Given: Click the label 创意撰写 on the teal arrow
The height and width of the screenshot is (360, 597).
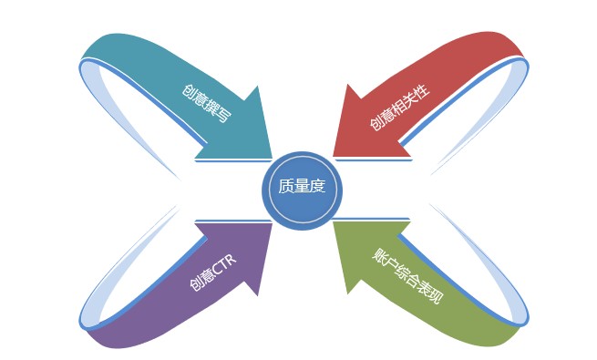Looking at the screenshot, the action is click(206, 103).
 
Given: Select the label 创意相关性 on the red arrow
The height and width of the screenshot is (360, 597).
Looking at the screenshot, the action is click(398, 107).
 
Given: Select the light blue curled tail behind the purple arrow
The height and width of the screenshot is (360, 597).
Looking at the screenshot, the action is click(118, 273).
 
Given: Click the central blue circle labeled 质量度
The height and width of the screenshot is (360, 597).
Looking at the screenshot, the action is click(302, 188).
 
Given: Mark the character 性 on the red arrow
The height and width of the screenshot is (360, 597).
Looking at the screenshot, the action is click(421, 89).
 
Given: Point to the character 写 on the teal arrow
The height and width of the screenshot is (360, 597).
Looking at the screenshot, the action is click(223, 114).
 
